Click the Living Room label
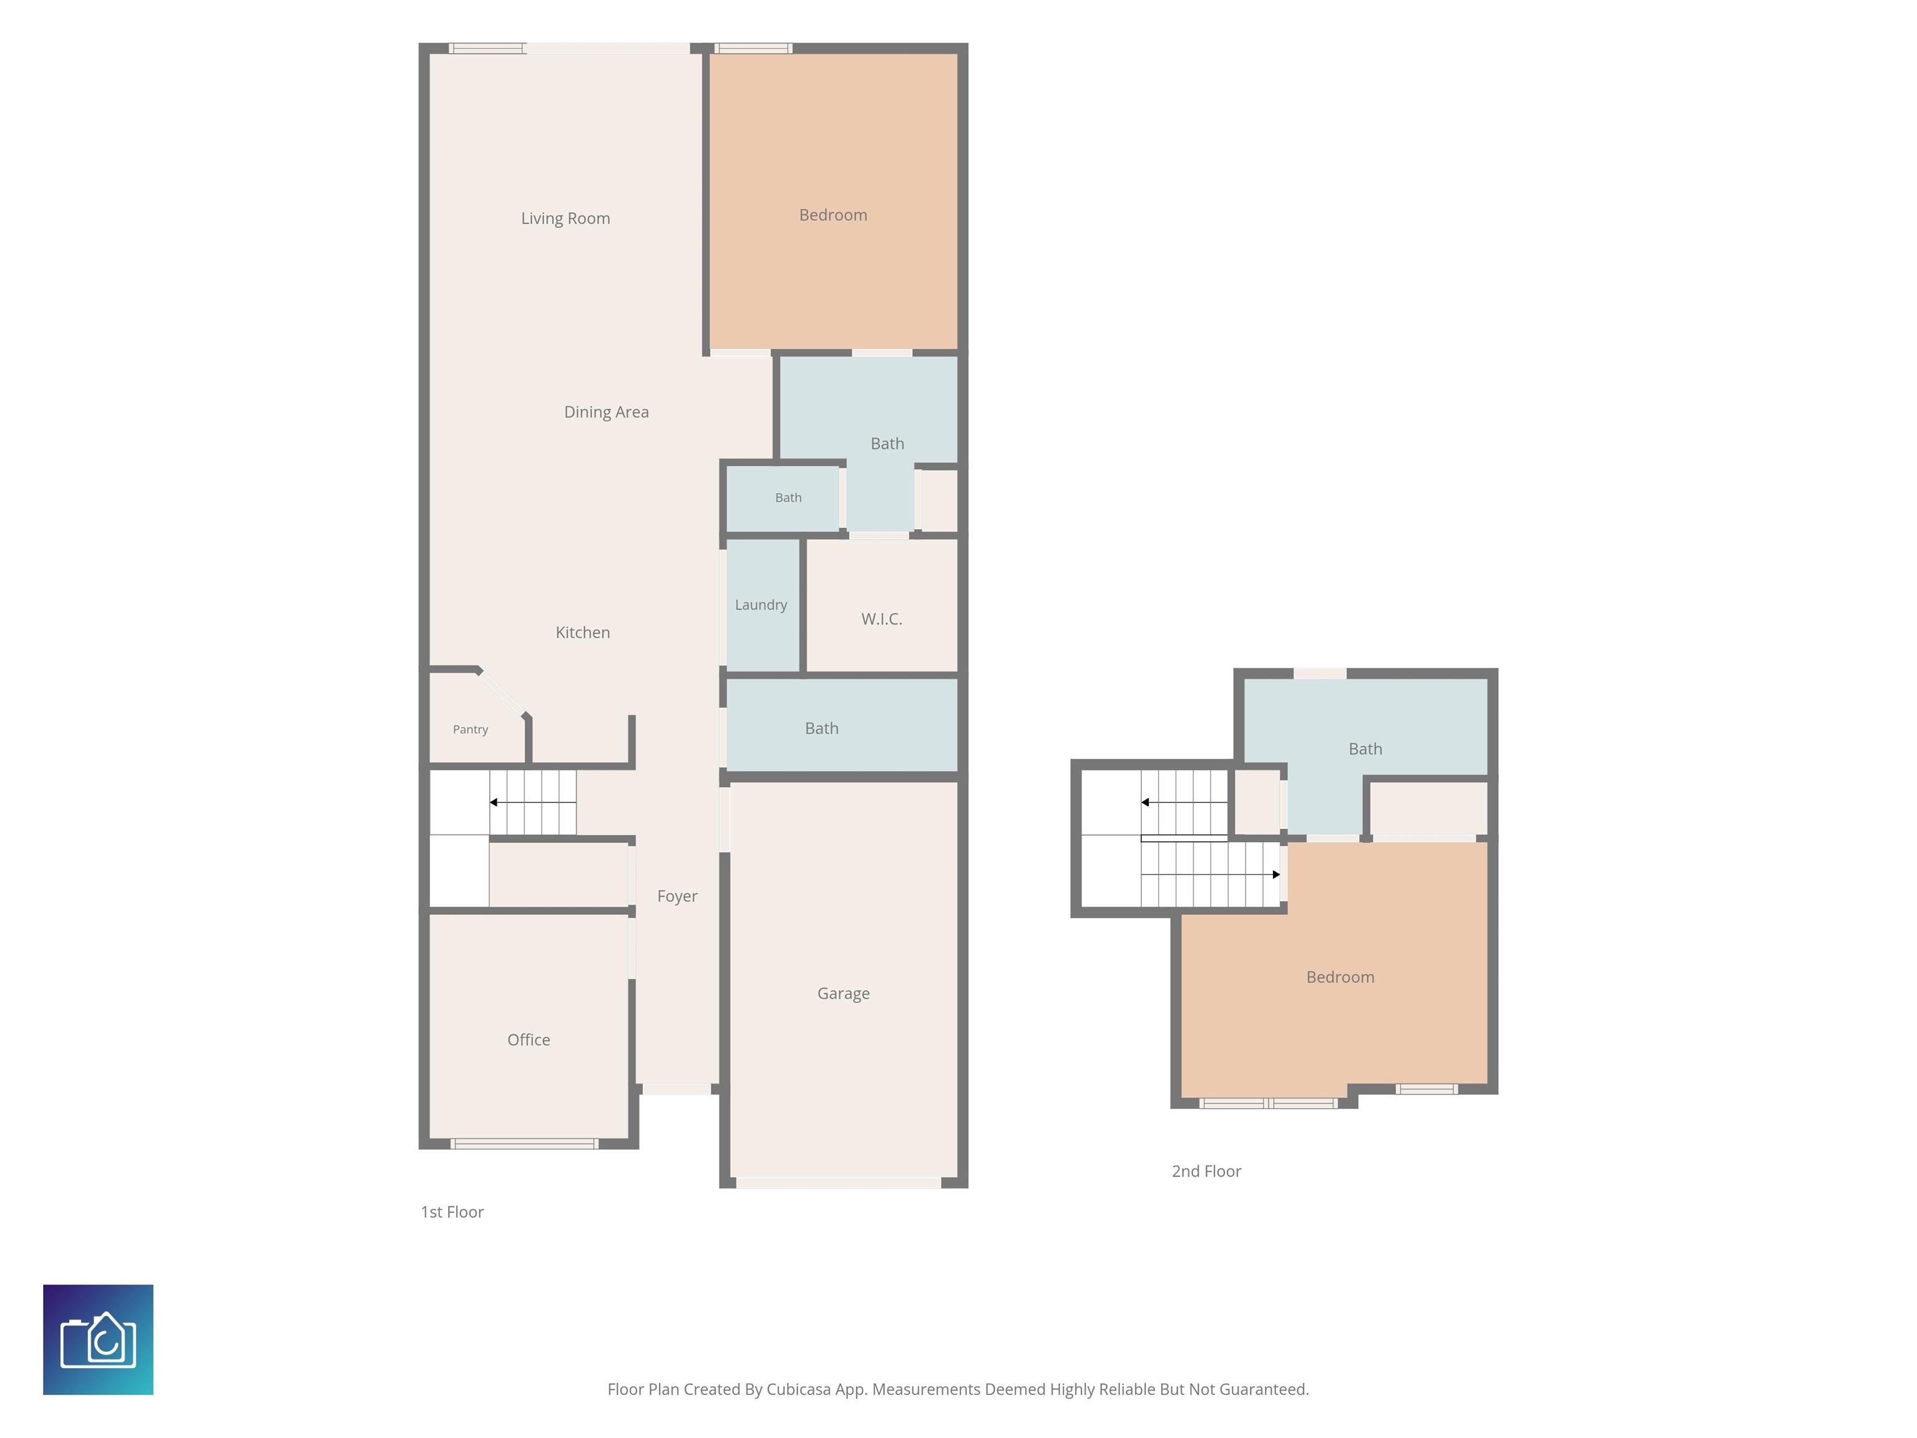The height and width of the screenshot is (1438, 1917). (x=565, y=218)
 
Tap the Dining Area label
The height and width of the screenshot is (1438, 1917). (x=606, y=412)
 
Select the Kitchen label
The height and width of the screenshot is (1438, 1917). (x=582, y=633)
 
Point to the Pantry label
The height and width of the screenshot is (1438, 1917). (x=470, y=730)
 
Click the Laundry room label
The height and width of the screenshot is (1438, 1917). (x=761, y=605)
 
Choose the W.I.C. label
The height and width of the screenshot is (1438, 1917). (x=881, y=619)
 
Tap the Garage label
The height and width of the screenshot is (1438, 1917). (x=843, y=994)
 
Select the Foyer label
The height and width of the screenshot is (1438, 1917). (x=677, y=896)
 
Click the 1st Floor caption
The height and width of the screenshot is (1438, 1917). (x=452, y=1212)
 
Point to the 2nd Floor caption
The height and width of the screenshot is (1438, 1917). (x=1206, y=1171)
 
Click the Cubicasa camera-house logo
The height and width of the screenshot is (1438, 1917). (x=98, y=1339)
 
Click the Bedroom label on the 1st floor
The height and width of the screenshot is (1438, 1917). (x=833, y=215)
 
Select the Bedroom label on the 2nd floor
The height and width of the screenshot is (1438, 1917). (x=1340, y=977)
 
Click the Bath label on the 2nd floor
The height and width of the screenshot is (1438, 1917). (x=1365, y=749)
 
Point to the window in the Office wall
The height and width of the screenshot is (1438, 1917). (x=524, y=1144)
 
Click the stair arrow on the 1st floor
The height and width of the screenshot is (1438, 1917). (x=533, y=803)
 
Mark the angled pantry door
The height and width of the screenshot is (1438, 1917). (x=502, y=693)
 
